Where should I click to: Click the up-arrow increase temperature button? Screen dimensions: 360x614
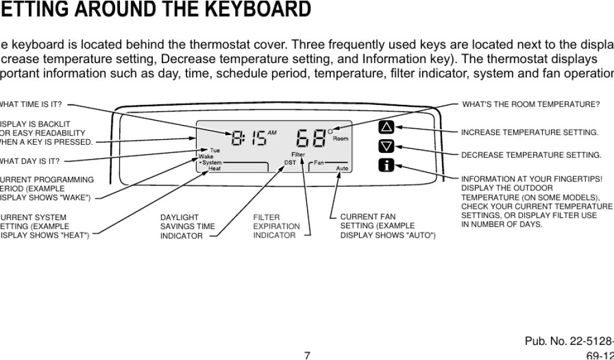(x=387, y=127)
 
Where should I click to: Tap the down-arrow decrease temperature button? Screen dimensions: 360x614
(x=387, y=146)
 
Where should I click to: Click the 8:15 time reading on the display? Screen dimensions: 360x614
(x=248, y=139)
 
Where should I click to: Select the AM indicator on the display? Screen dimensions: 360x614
(x=272, y=133)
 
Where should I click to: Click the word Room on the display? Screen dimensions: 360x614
(x=340, y=139)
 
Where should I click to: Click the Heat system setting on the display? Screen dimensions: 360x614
(x=214, y=169)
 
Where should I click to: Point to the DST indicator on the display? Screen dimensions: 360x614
(x=290, y=163)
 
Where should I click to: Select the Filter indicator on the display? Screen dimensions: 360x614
(x=298, y=155)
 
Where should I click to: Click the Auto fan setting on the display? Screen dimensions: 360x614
(x=342, y=169)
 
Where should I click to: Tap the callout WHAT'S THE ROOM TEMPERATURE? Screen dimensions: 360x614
(x=531, y=104)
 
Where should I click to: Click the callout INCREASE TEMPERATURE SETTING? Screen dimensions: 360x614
(x=529, y=132)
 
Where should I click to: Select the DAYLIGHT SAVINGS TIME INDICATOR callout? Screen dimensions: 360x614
(x=187, y=226)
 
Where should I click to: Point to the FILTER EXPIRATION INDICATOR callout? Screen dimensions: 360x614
(x=276, y=226)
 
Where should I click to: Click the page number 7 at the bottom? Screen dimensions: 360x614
(x=306, y=355)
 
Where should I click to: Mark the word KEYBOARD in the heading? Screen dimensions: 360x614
(x=252, y=10)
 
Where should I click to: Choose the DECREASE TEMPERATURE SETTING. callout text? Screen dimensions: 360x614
(x=531, y=155)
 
